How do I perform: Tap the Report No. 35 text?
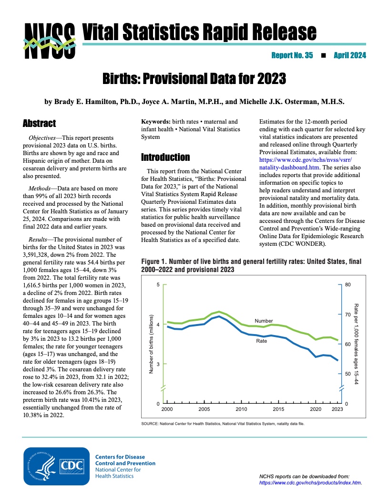(x=292, y=56)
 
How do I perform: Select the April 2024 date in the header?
(x=349, y=56)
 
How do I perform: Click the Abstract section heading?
(x=40, y=124)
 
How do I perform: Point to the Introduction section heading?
(x=165, y=157)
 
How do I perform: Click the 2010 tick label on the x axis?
(x=241, y=409)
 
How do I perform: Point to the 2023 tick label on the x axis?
(x=337, y=409)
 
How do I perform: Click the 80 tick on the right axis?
(x=348, y=285)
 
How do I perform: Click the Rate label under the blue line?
(x=262, y=341)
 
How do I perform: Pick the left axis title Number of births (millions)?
(x=151, y=344)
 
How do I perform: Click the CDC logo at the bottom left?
(x=56, y=466)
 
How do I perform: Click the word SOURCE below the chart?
(x=151, y=423)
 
